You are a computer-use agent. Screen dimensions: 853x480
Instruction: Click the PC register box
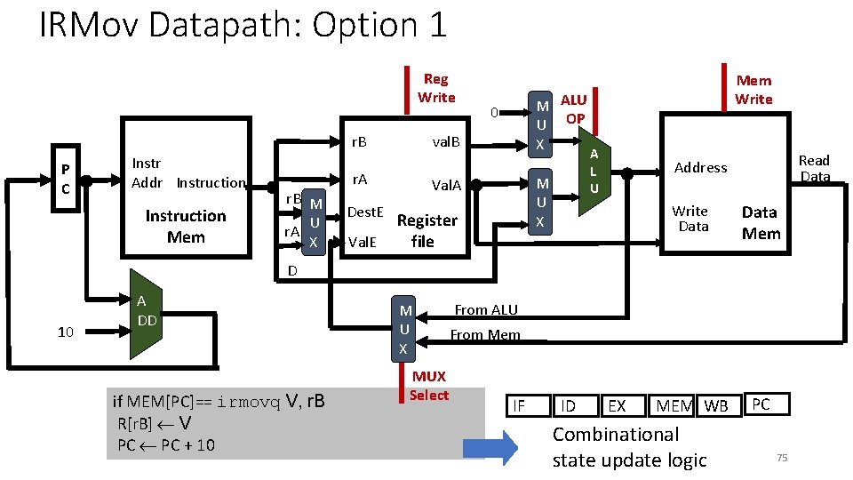click(66, 178)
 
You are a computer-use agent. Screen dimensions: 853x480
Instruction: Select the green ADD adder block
click(146, 314)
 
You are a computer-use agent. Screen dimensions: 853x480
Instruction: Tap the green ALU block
click(594, 172)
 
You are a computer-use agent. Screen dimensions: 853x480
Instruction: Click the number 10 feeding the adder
click(65, 332)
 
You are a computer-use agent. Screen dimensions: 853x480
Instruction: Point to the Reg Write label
click(436, 88)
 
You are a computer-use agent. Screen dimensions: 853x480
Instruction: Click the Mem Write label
click(753, 90)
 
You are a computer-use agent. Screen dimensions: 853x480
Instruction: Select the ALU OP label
click(574, 109)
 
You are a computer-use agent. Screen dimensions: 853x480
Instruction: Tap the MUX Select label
click(429, 386)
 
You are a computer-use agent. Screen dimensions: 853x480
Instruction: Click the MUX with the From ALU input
click(403, 329)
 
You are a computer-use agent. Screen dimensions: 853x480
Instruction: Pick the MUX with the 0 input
click(540, 124)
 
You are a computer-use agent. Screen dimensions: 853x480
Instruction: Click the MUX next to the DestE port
click(314, 222)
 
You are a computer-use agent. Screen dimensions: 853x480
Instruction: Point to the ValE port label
click(363, 242)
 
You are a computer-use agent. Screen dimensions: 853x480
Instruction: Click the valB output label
click(446, 142)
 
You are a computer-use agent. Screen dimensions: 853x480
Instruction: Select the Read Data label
click(815, 168)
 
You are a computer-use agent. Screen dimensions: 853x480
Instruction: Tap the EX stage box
click(623, 406)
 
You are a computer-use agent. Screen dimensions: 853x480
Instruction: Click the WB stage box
click(719, 406)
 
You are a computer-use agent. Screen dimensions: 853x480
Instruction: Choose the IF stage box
click(528, 406)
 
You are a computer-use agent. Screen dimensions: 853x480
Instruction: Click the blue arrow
click(490, 448)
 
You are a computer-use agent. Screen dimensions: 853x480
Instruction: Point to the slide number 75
click(782, 458)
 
